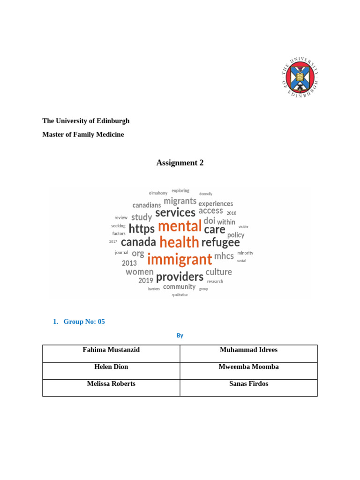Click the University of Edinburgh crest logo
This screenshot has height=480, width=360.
(300, 78)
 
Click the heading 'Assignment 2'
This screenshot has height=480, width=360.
(180, 163)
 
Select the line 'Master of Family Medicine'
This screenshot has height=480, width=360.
(83, 135)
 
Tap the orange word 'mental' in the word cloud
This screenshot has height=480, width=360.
(180, 226)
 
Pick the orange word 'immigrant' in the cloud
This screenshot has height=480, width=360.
(180, 259)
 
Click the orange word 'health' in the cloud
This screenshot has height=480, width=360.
(179, 242)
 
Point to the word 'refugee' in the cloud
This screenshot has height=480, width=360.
(220, 242)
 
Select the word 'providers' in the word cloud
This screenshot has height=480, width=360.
(180, 277)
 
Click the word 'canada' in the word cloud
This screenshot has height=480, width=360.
(138, 242)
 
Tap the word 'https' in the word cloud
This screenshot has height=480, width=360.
(142, 229)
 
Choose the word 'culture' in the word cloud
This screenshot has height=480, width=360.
(218, 272)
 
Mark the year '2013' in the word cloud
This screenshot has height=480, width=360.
(129, 263)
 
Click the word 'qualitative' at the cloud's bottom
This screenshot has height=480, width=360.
(180, 295)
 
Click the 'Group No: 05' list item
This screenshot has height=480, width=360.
(84, 322)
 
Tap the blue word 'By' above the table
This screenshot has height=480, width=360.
(180, 336)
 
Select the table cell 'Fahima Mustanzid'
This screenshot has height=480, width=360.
(111, 350)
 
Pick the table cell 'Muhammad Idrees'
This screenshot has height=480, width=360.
(248, 350)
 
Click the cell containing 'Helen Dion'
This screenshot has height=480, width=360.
(111, 367)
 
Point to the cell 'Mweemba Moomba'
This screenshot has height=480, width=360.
(248, 367)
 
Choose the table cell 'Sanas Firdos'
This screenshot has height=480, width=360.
(248, 384)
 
